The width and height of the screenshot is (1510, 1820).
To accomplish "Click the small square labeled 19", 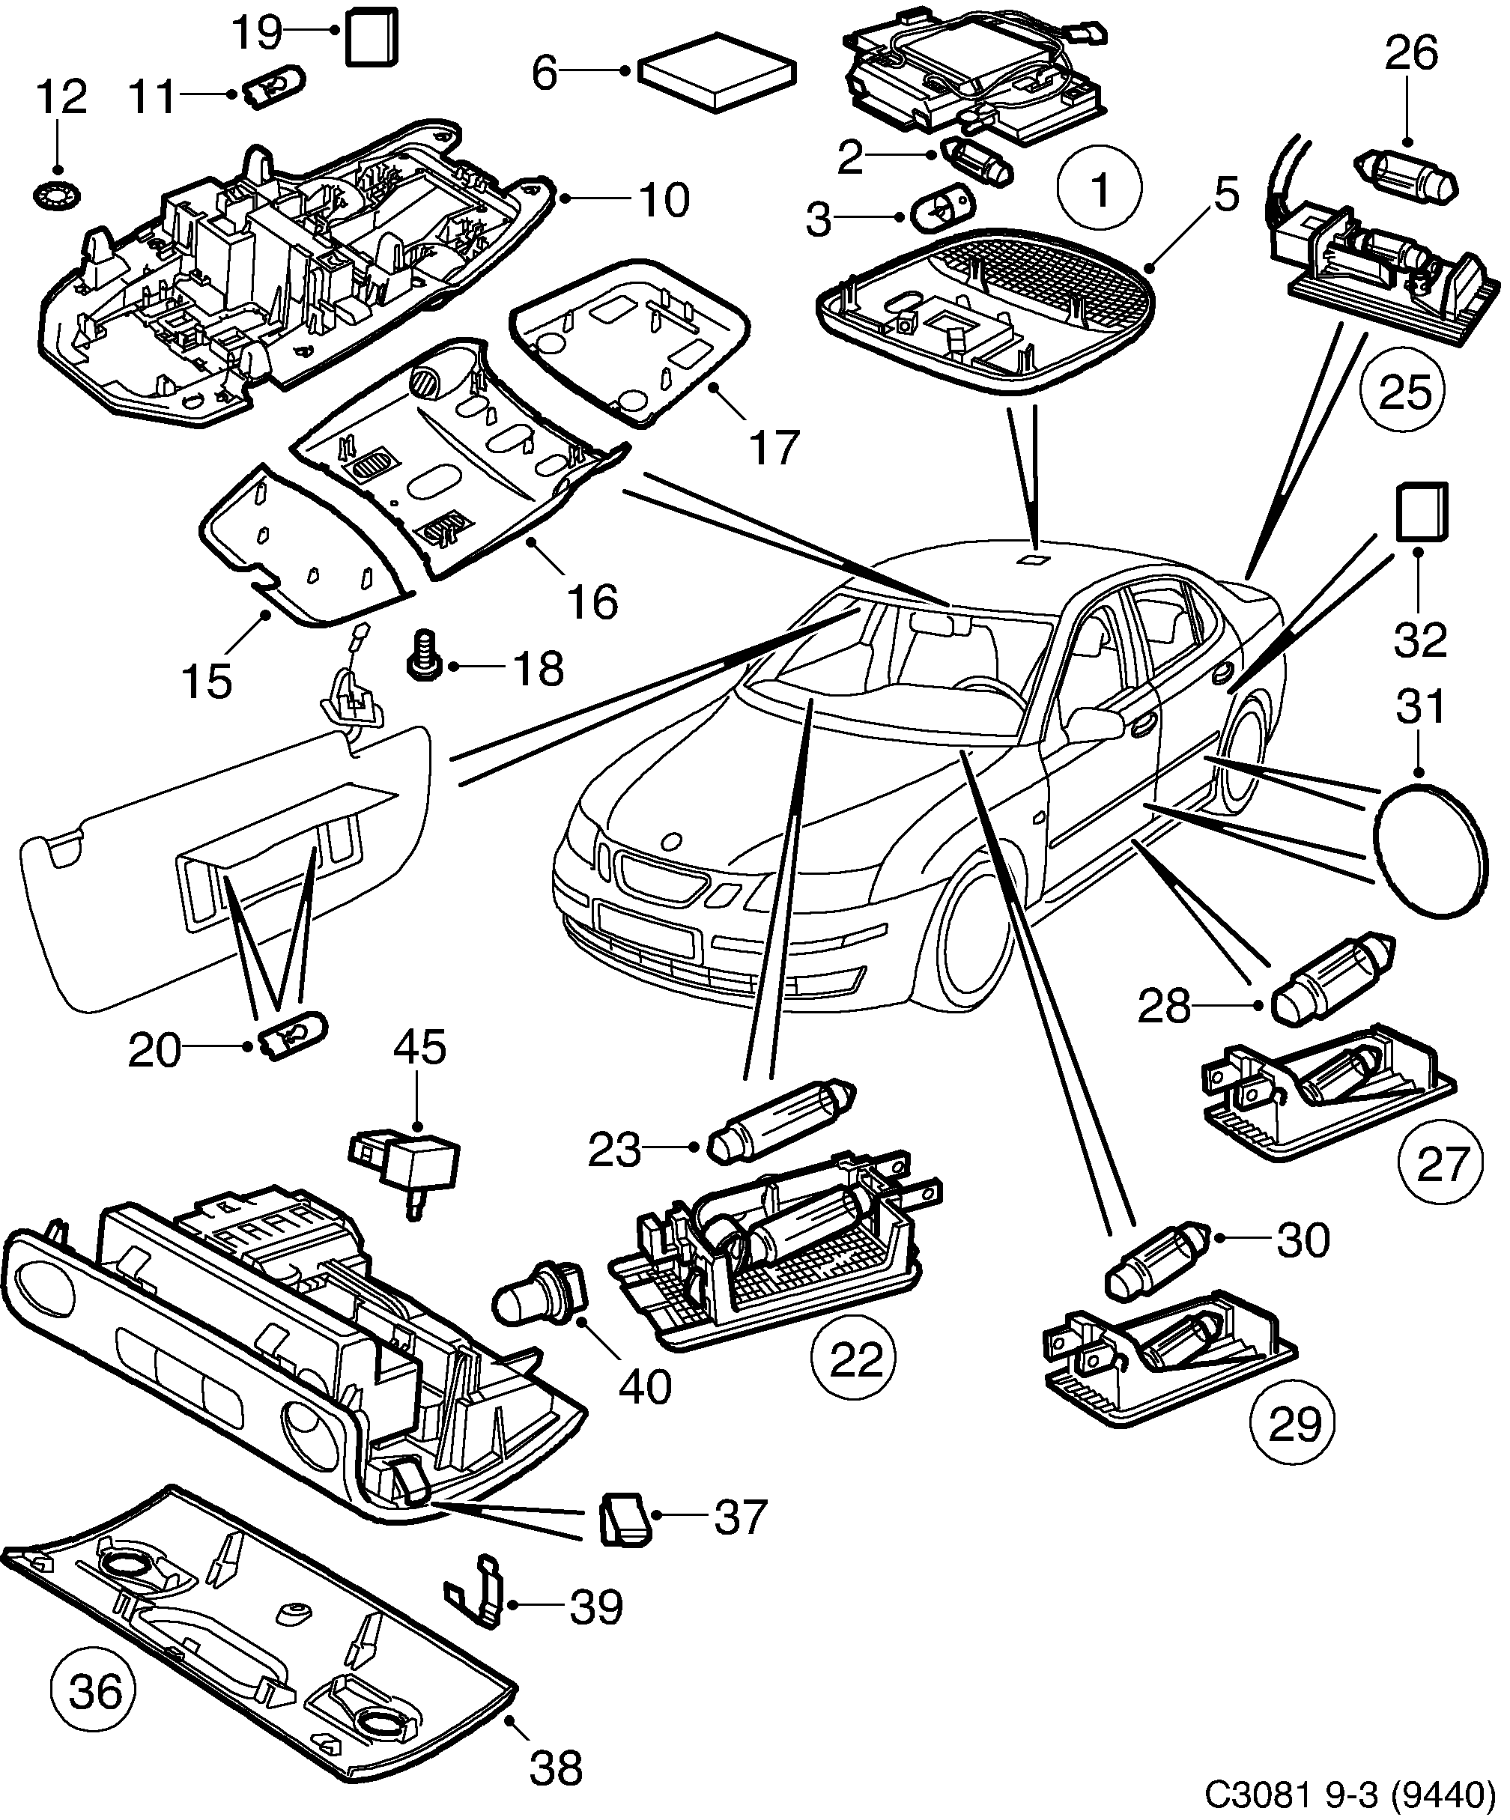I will coord(372,37).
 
